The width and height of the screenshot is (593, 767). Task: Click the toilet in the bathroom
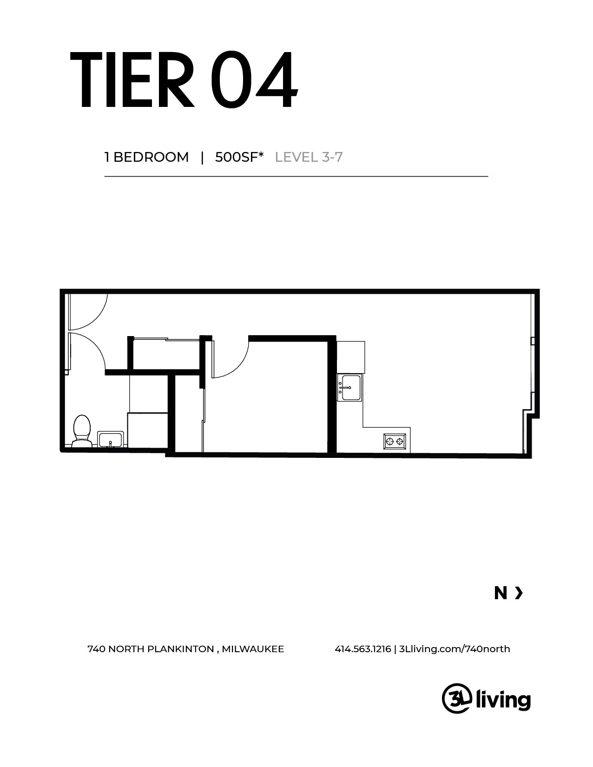(81, 431)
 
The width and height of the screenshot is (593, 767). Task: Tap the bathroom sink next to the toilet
(111, 439)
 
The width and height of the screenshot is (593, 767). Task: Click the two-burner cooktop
(395, 441)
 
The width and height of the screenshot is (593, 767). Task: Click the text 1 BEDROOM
(146, 157)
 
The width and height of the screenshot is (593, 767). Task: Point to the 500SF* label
(239, 157)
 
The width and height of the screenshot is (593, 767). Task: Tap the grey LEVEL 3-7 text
(309, 157)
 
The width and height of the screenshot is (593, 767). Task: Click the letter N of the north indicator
(501, 593)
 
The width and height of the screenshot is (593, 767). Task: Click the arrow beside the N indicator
(519, 593)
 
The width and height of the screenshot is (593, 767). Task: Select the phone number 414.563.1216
(362, 649)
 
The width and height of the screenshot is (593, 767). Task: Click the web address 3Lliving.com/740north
(455, 649)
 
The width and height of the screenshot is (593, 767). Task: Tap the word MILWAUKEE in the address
(253, 649)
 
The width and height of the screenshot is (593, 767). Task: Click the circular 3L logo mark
(456, 698)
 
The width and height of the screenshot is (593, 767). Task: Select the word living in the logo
(503, 699)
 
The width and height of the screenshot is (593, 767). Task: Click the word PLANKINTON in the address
(181, 649)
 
